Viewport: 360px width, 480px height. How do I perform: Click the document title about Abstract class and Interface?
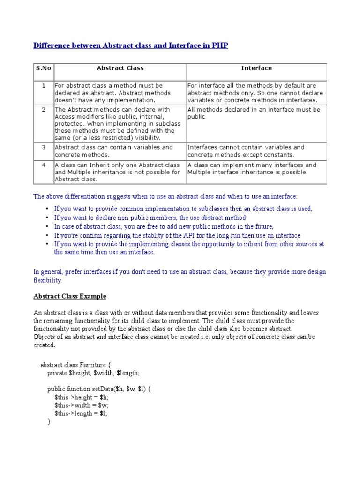131,46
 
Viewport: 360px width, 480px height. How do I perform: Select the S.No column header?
43,68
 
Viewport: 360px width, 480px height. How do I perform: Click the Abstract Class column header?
120,68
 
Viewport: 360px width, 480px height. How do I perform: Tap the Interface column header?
256,68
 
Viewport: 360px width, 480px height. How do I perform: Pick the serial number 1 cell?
43,86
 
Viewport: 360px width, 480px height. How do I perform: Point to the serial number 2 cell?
43,110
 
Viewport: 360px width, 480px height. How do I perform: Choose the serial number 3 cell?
43,147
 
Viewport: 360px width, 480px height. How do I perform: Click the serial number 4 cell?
43,165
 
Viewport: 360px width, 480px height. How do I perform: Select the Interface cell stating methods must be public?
256,113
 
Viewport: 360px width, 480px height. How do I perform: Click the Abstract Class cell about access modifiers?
120,124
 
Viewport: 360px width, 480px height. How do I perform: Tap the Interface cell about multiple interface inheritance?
256,169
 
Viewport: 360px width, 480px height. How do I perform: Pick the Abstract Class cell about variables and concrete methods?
120,151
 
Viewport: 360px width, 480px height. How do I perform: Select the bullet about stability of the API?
177,235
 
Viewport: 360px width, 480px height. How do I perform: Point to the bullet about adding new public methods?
164,226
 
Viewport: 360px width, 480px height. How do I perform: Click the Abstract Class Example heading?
70,296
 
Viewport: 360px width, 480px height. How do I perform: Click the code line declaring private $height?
94,373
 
